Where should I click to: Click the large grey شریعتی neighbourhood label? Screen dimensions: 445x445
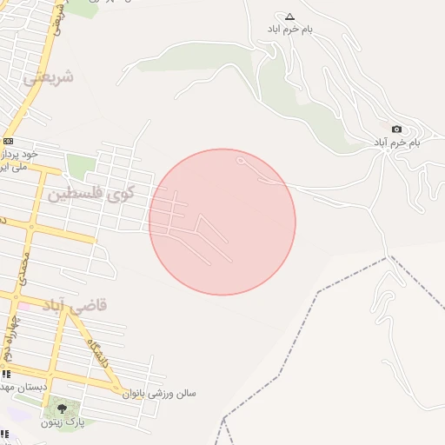[49, 77]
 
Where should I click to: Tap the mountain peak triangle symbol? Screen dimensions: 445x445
[290, 17]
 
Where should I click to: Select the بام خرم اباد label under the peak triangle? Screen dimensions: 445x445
[290, 30]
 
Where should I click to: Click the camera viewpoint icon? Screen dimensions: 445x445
[397, 130]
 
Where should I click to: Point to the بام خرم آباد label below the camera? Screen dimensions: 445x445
[396, 142]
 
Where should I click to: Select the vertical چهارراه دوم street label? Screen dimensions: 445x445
[9, 337]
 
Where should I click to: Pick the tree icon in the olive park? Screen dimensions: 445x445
[61, 408]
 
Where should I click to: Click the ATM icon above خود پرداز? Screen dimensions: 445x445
[8, 141]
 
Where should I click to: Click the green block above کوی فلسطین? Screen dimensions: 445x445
[80, 165]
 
